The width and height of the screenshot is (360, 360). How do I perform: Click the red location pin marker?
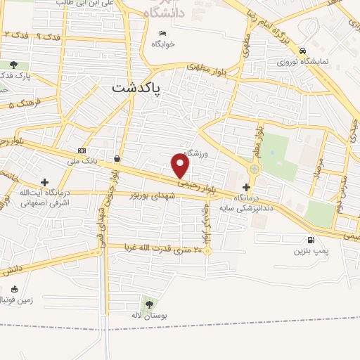[181, 166]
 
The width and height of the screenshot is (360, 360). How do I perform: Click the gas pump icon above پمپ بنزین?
[311, 239]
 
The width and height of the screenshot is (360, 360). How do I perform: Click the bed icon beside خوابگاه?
[163, 33]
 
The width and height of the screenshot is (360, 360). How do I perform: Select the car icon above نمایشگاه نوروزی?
[302, 51]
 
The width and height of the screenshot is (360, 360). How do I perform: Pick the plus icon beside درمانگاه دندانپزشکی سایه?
[245, 187]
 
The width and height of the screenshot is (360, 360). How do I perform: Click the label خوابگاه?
[162, 44]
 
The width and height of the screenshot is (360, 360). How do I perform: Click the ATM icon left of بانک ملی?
[83, 150]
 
